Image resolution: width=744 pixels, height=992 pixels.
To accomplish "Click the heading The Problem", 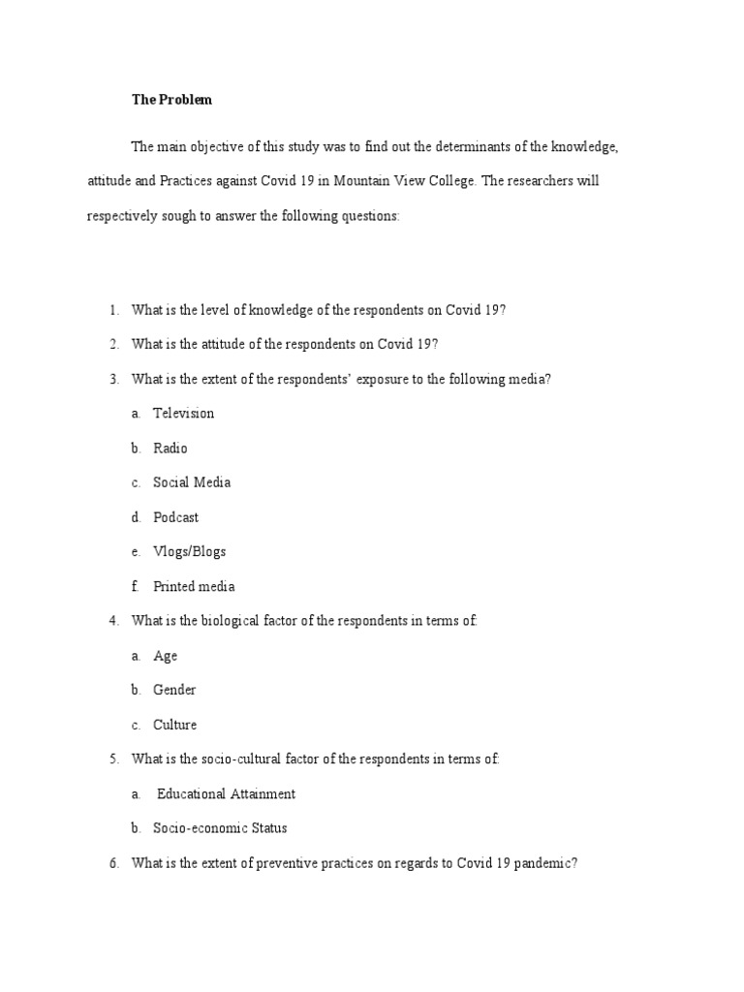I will pyautogui.click(x=171, y=100).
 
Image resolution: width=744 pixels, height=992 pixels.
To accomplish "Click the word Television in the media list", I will pyautogui.click(x=183, y=414).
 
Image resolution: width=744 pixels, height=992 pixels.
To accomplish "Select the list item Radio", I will pyautogui.click(x=170, y=449).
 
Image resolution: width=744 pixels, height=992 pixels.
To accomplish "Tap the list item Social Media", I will pyautogui.click(x=192, y=482).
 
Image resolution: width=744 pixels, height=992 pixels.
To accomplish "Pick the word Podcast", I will pyautogui.click(x=175, y=517).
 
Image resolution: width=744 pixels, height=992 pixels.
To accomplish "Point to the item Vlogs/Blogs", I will pyautogui.click(x=189, y=552).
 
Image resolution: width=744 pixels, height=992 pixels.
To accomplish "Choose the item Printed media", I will pyautogui.click(x=194, y=586).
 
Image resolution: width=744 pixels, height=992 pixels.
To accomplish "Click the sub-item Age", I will pyautogui.click(x=166, y=656).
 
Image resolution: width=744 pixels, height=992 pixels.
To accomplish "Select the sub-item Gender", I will pyautogui.click(x=174, y=691).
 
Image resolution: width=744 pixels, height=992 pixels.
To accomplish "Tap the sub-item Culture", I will pyautogui.click(x=174, y=725).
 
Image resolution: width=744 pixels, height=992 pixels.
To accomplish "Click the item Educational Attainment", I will pyautogui.click(x=226, y=794).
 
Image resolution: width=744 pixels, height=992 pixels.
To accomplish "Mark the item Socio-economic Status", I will pyautogui.click(x=220, y=828).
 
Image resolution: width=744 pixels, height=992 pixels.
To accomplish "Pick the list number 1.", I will pyautogui.click(x=113, y=310).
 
